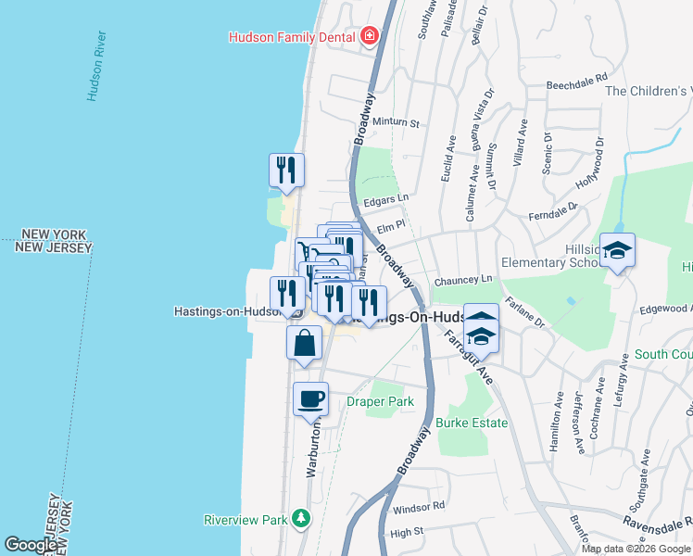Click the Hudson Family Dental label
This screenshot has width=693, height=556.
294,37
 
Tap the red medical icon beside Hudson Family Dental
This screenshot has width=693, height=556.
370,36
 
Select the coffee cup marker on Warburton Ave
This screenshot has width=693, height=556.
311,398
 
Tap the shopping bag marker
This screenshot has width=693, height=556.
306,342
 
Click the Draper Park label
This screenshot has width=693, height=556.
380,401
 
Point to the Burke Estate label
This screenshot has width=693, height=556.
472,423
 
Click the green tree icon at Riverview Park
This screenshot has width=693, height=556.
300,518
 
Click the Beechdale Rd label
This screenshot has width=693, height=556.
576,80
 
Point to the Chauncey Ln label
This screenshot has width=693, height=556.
467,279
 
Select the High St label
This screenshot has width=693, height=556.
406,532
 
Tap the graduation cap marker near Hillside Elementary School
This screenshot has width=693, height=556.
617,249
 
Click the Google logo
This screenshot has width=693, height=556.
30,545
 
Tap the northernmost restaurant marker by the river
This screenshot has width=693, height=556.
286,170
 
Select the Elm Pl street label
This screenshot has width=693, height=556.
390,225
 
